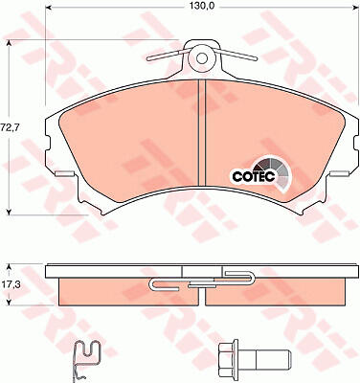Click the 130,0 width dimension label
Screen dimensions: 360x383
[200, 5]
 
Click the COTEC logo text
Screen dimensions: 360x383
[254, 176]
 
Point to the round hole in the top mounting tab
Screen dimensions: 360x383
[201, 58]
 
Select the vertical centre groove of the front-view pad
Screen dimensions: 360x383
[202, 132]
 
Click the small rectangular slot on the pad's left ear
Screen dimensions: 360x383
[64, 174]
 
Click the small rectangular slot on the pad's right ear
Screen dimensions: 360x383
[338, 174]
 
